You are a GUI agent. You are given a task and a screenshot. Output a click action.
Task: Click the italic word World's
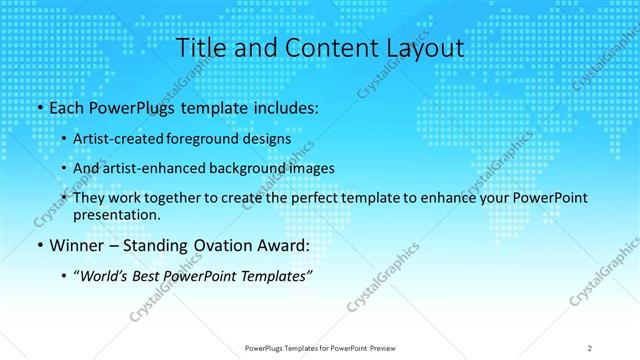click(x=106, y=275)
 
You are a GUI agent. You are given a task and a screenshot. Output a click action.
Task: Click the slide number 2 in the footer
click(x=590, y=347)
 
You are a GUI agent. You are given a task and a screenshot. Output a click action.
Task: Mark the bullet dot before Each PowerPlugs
click(x=38, y=108)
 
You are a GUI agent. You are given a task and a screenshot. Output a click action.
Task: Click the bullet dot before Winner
click(x=38, y=246)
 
